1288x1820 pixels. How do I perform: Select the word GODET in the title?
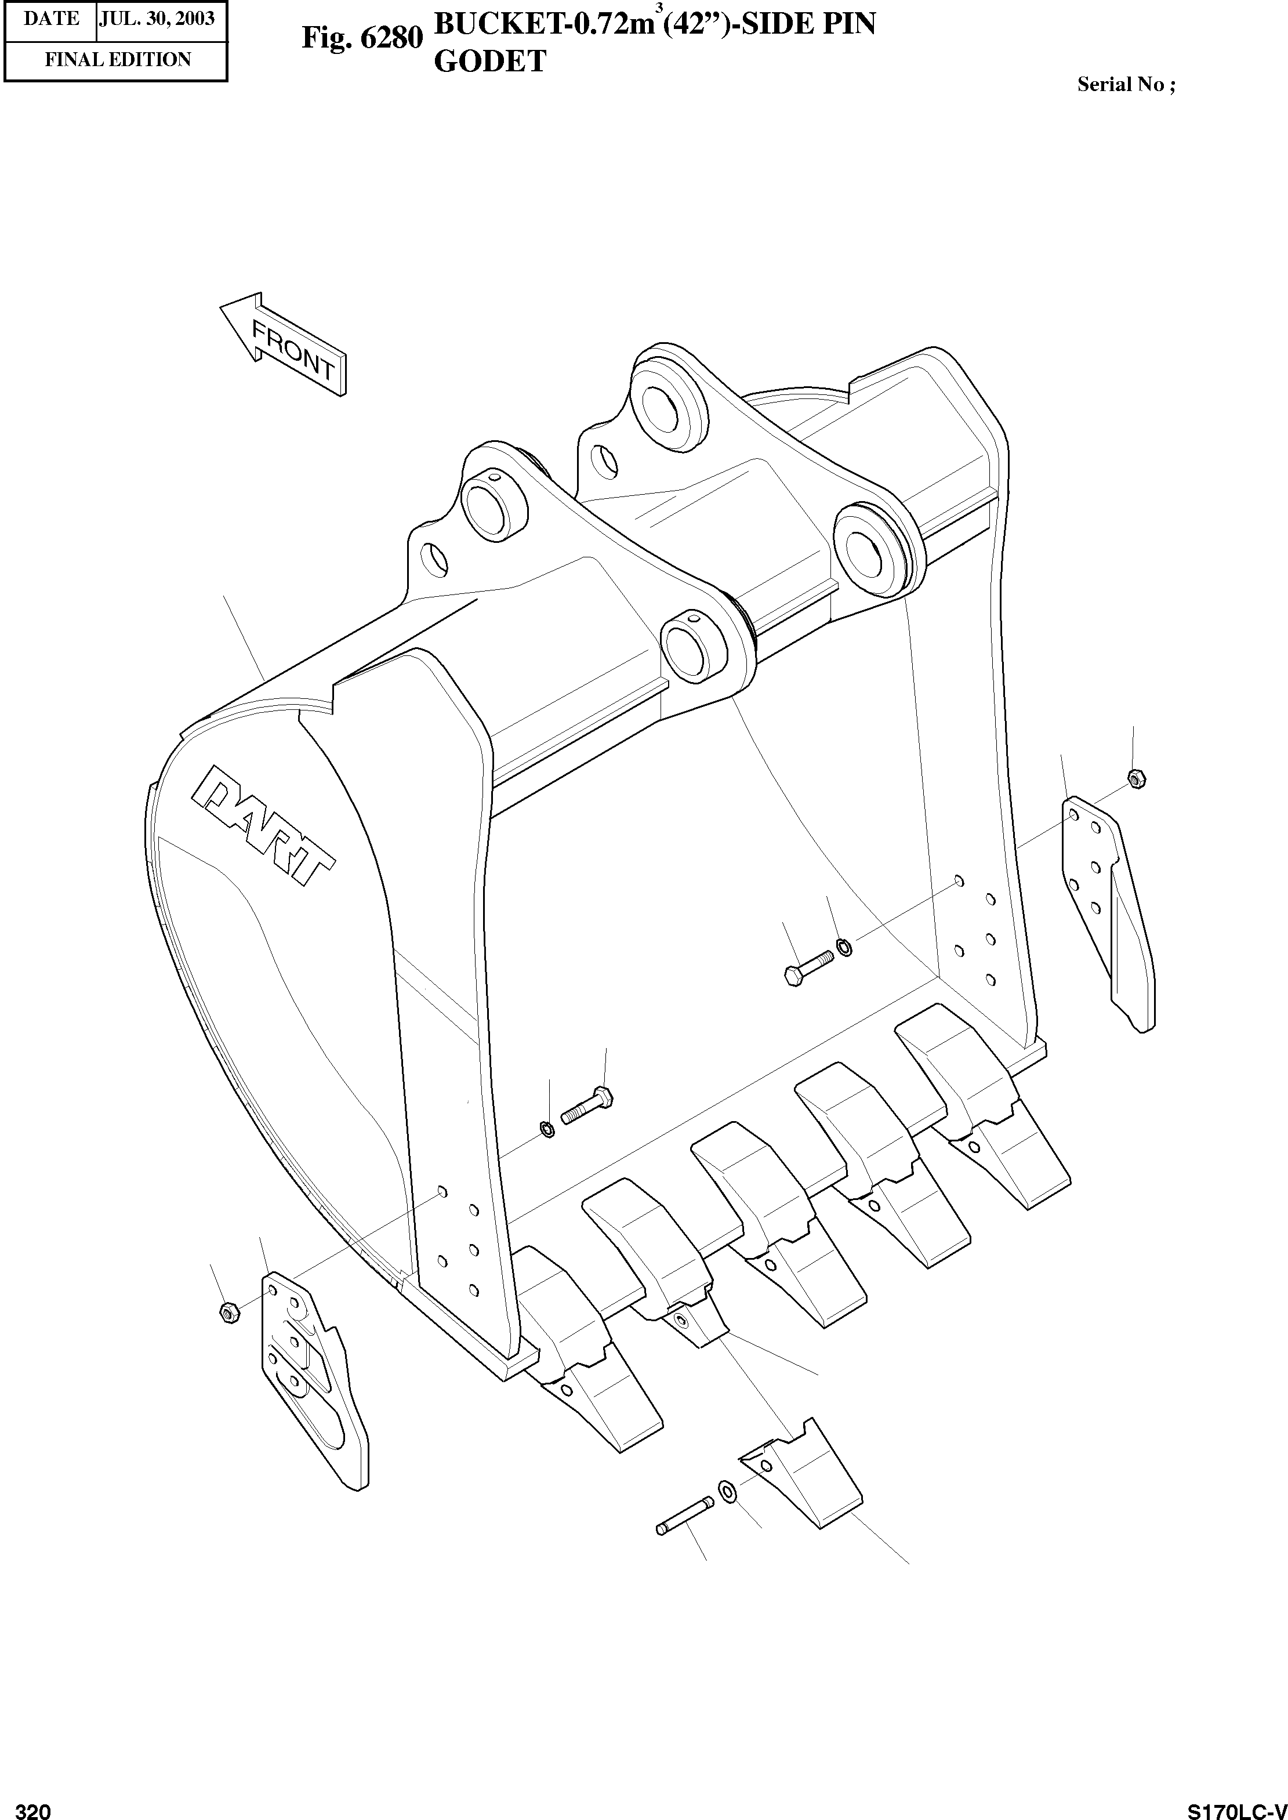(489, 61)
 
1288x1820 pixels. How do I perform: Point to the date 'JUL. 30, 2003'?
(157, 18)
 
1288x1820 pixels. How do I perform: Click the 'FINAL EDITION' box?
(117, 60)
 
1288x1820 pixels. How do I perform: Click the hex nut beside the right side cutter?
(1135, 779)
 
